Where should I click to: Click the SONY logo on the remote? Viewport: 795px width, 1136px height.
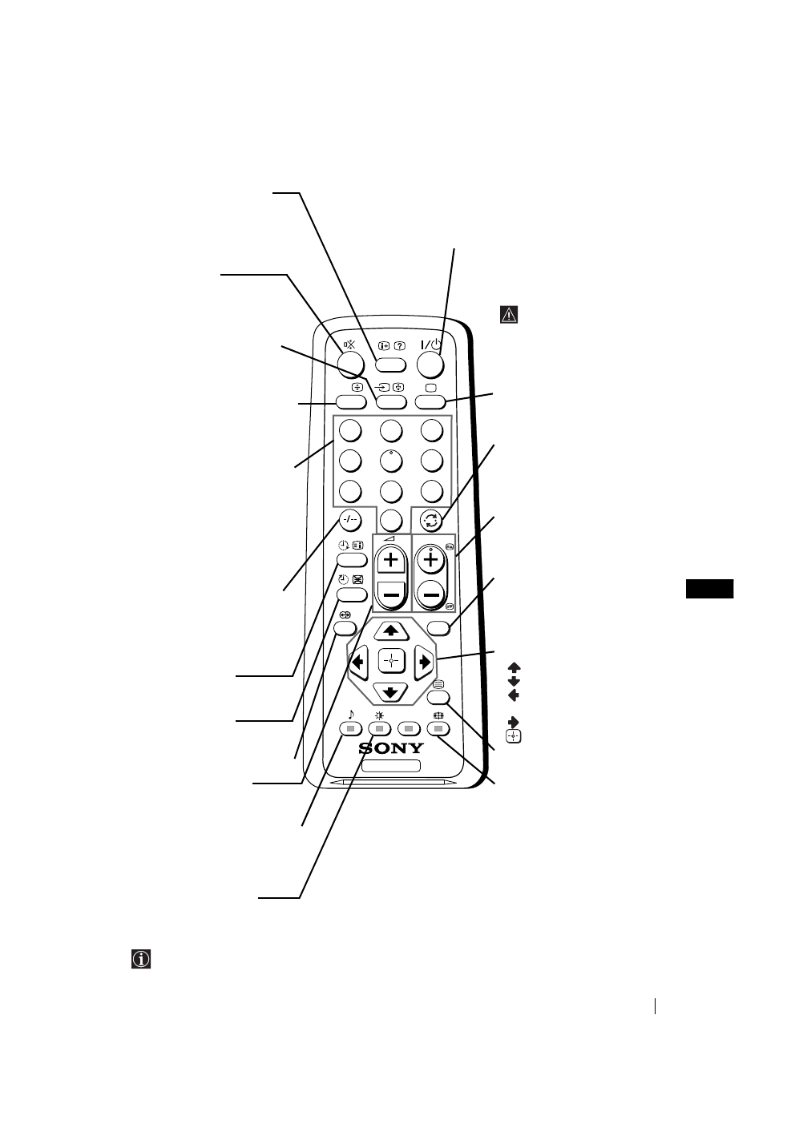pos(392,748)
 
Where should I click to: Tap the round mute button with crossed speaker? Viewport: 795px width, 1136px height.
pos(350,365)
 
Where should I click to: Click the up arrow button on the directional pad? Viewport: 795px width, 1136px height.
pos(391,630)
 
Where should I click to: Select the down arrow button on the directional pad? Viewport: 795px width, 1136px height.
pos(391,691)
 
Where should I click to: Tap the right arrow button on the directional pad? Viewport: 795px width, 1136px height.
pos(424,662)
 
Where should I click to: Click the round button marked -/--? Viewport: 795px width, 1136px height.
pos(349,519)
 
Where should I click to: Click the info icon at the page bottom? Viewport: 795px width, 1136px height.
pos(141,959)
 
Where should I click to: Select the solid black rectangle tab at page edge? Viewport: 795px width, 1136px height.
pos(710,588)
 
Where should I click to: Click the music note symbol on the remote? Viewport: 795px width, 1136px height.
pos(350,714)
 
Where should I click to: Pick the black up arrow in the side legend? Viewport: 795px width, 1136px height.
pos(514,667)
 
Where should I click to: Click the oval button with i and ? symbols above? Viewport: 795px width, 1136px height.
pos(390,365)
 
